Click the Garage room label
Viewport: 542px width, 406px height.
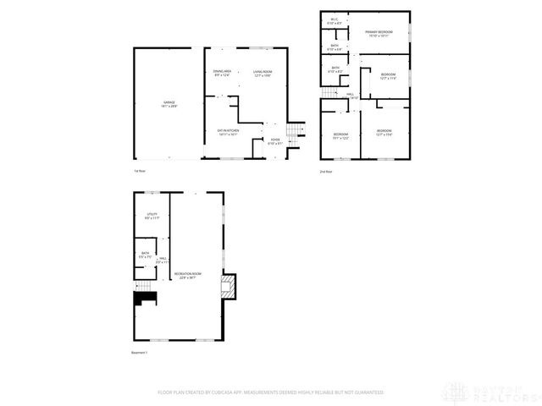click(x=169, y=104)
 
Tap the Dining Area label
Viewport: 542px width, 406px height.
click(x=223, y=74)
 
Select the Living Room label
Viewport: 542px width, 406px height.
click(x=262, y=74)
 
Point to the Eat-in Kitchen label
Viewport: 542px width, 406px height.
click(x=228, y=131)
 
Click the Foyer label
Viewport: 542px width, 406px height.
click(x=275, y=140)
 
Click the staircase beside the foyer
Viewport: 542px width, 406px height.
click(x=296, y=133)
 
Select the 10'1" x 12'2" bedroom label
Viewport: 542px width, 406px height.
click(x=340, y=136)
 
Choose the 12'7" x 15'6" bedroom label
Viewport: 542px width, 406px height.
click(x=384, y=132)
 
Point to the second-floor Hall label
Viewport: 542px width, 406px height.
click(x=351, y=96)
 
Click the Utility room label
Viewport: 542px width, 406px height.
click(x=152, y=217)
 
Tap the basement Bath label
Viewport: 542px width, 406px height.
click(x=145, y=255)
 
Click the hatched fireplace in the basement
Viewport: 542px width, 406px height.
click(x=229, y=287)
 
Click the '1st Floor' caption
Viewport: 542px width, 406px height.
click(x=140, y=172)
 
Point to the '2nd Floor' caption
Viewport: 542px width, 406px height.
click(x=325, y=172)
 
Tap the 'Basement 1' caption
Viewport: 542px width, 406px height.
click(x=140, y=353)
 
